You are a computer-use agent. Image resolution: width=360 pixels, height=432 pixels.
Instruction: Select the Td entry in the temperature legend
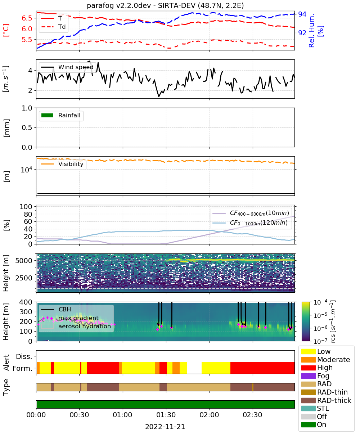coord(53,27)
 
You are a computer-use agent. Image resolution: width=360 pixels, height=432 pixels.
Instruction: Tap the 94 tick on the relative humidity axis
coord(302,14)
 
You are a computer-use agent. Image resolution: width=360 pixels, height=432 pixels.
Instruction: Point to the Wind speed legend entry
coord(67,67)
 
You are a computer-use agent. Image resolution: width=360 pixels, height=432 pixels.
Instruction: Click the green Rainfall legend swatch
coord(48,115)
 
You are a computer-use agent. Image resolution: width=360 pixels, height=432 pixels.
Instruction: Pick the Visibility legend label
coord(71,164)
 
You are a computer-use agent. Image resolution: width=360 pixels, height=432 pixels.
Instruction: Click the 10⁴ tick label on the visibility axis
coord(27,170)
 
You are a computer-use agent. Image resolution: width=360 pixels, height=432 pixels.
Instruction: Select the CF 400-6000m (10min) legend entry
coord(251,213)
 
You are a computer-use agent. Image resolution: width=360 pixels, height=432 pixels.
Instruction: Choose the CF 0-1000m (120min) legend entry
coord(250,223)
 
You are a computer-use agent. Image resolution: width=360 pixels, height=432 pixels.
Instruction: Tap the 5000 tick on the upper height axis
coord(24,261)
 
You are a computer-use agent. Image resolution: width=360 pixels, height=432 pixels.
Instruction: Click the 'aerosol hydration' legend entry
coord(76,326)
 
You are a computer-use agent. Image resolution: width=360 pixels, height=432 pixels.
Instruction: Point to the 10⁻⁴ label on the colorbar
coord(320,302)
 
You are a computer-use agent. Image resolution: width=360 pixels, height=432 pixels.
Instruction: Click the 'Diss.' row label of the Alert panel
coord(24,356)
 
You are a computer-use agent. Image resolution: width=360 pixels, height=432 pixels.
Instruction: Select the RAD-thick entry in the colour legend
coord(326,400)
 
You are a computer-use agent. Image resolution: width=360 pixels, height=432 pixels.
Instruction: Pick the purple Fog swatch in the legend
coord(308,376)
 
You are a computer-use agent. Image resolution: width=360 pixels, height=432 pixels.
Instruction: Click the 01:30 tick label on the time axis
coord(166,415)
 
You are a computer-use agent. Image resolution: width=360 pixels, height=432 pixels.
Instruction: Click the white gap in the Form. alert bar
coord(194,368)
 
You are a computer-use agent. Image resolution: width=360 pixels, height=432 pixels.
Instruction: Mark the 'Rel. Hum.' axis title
coord(311,31)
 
